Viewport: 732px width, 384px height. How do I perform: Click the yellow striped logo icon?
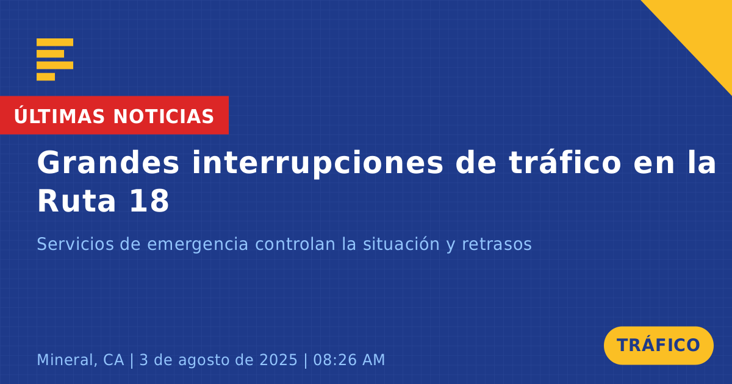[55, 60]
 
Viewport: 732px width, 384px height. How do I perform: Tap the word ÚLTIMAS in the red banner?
[59, 116]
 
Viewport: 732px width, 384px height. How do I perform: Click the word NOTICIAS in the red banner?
[163, 116]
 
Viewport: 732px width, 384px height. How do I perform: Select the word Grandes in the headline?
[108, 163]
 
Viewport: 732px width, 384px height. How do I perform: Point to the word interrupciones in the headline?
[317, 163]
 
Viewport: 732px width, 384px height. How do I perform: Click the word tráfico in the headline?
[565, 162]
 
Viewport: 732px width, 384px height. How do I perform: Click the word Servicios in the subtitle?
[75, 244]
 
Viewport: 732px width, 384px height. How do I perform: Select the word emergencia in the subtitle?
[198, 245]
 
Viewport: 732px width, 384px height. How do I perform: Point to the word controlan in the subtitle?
[295, 244]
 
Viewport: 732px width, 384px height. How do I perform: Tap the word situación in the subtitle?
[401, 244]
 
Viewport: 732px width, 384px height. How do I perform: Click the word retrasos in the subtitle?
[497, 244]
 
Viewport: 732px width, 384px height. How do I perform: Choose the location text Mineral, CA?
[81, 360]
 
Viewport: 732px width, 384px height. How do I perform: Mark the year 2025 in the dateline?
[278, 360]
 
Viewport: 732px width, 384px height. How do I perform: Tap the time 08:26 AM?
[349, 360]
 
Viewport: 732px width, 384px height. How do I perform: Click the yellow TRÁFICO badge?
[658, 346]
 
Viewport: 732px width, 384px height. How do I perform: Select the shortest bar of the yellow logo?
[46, 77]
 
